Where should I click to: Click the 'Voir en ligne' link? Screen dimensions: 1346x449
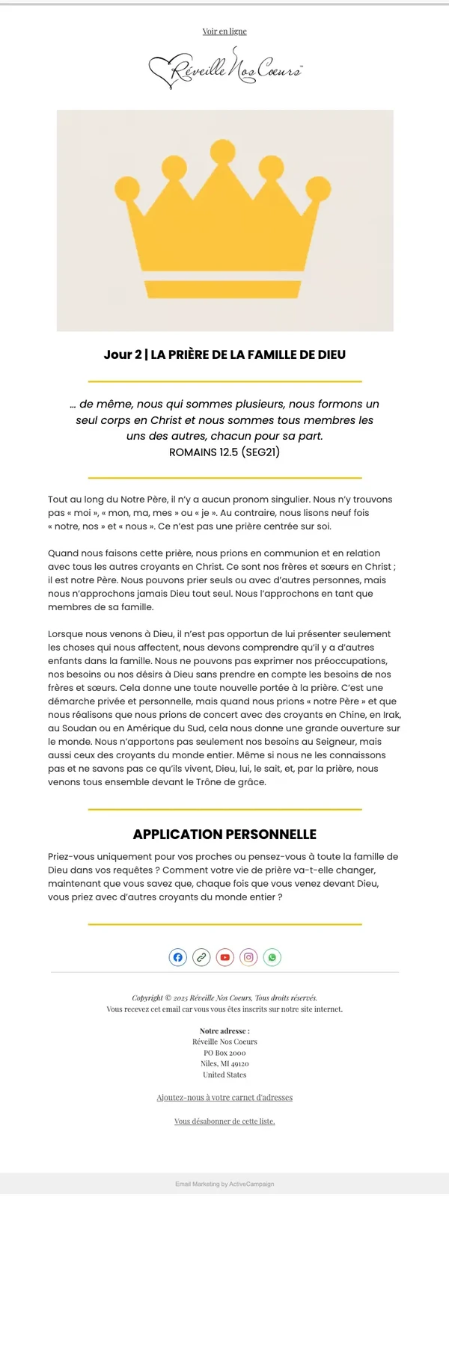point(224,31)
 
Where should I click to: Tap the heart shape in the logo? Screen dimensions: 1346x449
point(161,71)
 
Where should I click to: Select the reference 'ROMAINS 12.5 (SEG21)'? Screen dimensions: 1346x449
point(224,452)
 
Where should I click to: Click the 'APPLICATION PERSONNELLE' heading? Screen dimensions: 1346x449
point(224,835)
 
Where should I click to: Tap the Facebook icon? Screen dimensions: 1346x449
point(178,957)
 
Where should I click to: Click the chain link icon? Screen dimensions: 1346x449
point(201,957)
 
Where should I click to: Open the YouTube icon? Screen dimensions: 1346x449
point(225,957)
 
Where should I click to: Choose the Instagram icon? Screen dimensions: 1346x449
point(249,957)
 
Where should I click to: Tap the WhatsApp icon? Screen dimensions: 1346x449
point(272,957)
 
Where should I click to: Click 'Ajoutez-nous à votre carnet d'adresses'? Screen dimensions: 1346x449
point(224,1098)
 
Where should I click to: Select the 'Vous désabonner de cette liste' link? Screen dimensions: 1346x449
point(224,1122)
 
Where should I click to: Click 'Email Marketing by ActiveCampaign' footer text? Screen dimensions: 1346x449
point(224,1184)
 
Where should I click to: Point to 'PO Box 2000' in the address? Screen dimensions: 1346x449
point(224,1053)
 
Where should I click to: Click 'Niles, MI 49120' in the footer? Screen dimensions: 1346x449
point(224,1063)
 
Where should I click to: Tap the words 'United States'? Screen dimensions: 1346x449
point(224,1075)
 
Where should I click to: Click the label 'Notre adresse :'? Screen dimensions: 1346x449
point(224,1031)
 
